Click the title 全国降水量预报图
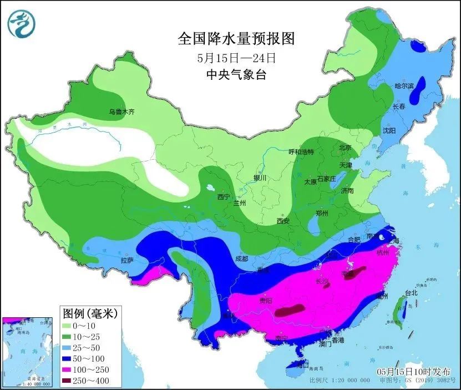click(x=236, y=39)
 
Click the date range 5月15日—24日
click(x=236, y=57)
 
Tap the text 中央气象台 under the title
click(x=236, y=75)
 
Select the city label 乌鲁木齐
click(x=121, y=112)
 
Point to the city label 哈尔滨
click(x=404, y=86)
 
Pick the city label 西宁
click(x=224, y=196)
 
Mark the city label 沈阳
click(x=389, y=130)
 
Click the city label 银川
click(x=260, y=178)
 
